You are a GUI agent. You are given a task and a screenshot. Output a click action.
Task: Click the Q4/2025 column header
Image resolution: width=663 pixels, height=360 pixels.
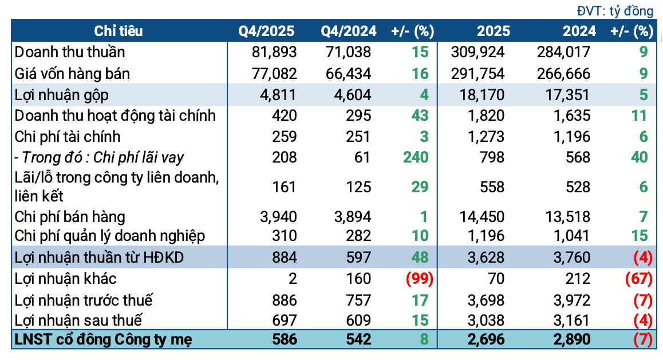click(267, 31)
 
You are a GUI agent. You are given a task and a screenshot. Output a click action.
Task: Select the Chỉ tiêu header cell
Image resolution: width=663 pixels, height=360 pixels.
click(119, 31)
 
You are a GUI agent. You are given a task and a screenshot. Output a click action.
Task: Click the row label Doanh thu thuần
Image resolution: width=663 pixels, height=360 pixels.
click(70, 52)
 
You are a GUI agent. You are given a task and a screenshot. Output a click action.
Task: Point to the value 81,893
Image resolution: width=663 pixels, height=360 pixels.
click(274, 52)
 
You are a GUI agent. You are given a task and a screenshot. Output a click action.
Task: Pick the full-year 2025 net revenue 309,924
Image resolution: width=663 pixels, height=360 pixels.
click(479, 52)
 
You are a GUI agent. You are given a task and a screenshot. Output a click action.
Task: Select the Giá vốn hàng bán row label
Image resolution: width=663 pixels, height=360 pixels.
click(72, 73)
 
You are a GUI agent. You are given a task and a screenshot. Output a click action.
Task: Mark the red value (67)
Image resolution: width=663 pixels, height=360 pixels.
click(638, 279)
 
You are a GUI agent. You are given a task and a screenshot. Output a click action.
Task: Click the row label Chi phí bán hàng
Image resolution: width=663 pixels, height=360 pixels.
click(70, 216)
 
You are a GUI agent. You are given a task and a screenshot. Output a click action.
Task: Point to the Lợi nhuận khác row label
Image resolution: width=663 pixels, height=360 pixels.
click(66, 279)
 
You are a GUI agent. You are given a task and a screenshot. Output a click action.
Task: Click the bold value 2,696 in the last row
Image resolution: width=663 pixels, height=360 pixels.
click(486, 339)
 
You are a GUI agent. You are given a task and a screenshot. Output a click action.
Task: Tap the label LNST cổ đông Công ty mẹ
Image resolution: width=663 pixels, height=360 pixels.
click(104, 339)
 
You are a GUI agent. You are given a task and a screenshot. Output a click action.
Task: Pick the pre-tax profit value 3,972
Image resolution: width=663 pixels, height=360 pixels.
click(571, 300)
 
